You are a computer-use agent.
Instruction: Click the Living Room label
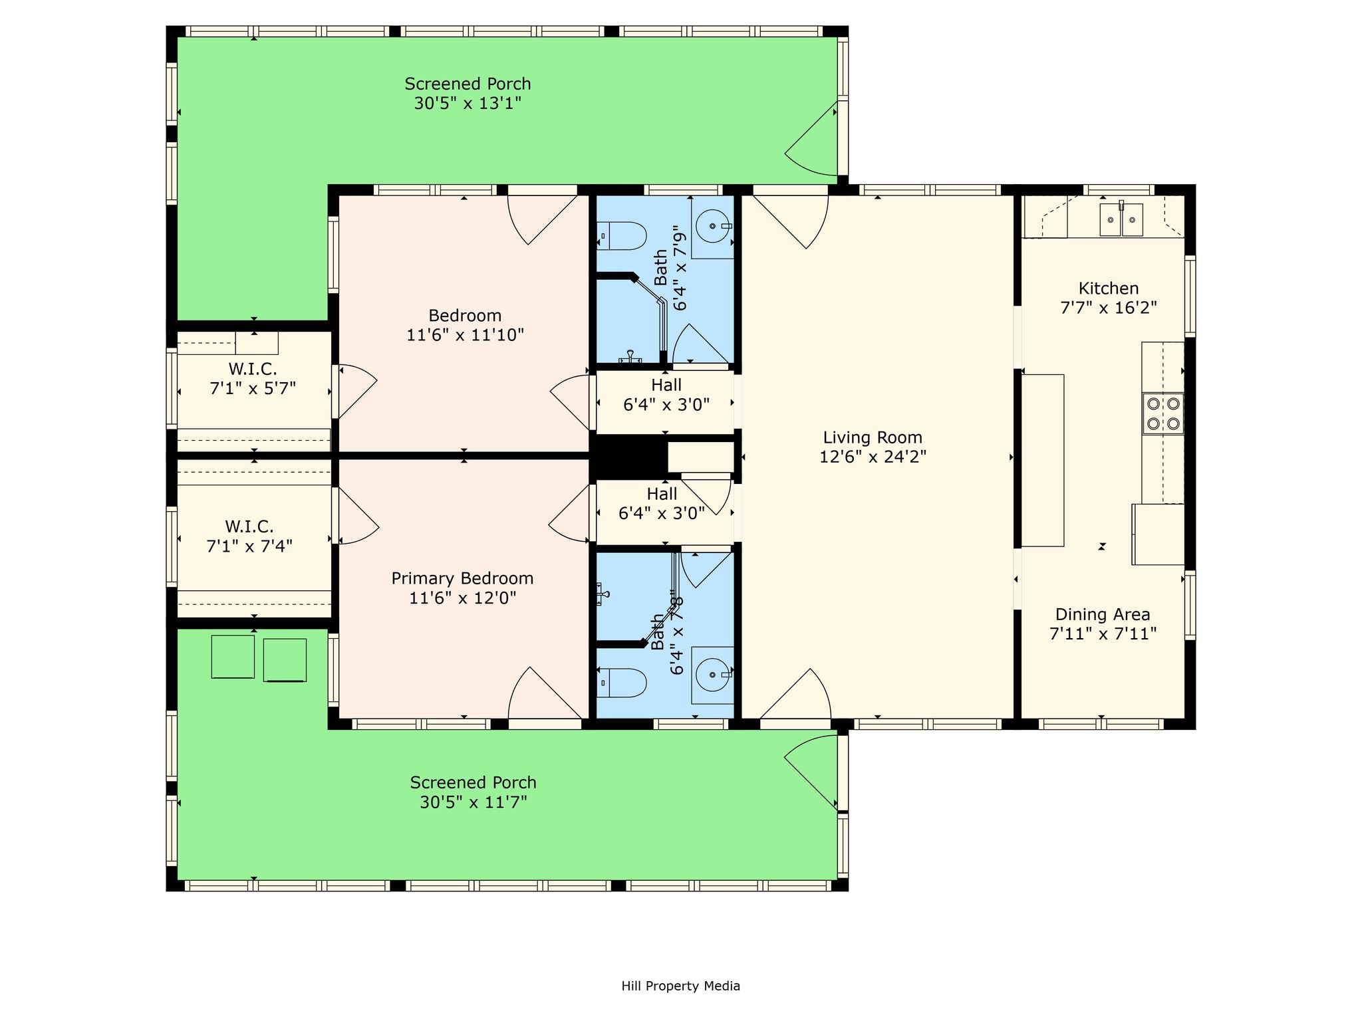coord(873,437)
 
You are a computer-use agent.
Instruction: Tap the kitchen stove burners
coord(1163,413)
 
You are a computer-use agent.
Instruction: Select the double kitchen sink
coord(1121,220)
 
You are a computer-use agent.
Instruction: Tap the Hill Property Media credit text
coord(680,986)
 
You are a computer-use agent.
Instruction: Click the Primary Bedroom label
coord(462,578)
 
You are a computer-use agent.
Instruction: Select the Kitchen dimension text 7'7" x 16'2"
coord(1109,308)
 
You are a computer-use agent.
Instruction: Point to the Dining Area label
coord(1103,614)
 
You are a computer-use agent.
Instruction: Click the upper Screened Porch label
coord(468,84)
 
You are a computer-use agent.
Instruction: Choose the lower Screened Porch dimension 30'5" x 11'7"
coord(473,802)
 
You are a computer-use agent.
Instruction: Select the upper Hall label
coord(666,385)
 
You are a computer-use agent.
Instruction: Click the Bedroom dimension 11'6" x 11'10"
coord(465,334)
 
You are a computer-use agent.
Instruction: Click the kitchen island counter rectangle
coord(1043,461)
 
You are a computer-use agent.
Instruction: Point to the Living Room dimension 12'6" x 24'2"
coord(873,457)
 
